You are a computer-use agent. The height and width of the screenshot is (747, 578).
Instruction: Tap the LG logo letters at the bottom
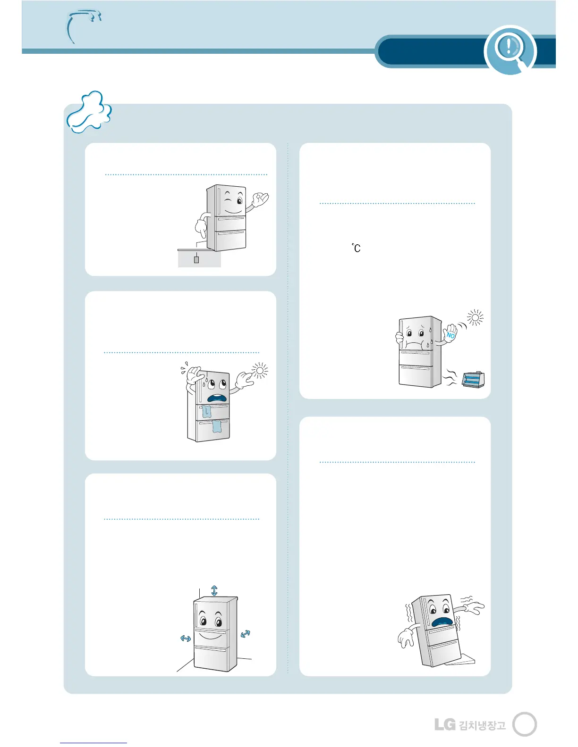tap(445, 724)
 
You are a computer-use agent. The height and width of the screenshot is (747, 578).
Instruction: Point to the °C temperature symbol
tap(357, 248)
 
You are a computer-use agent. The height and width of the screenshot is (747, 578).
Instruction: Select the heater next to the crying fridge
tap(473, 379)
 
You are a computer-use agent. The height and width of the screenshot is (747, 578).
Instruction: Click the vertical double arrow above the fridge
tap(214, 590)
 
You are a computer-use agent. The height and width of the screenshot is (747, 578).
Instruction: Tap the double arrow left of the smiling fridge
tap(186, 638)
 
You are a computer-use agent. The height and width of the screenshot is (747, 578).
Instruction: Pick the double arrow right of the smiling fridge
tap(245, 634)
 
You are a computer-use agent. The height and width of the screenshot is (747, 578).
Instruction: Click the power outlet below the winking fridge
tap(196, 259)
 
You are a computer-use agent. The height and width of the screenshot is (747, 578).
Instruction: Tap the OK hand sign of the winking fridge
tap(259, 200)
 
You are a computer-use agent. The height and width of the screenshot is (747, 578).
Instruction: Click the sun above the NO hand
tap(475, 318)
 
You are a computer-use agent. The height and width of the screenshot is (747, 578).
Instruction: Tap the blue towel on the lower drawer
tap(217, 426)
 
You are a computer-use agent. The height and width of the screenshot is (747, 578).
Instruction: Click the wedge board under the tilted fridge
tap(461, 661)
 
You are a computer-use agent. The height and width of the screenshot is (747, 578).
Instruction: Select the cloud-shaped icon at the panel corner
tap(89, 112)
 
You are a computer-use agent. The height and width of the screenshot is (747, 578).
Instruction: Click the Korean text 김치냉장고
tap(482, 725)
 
